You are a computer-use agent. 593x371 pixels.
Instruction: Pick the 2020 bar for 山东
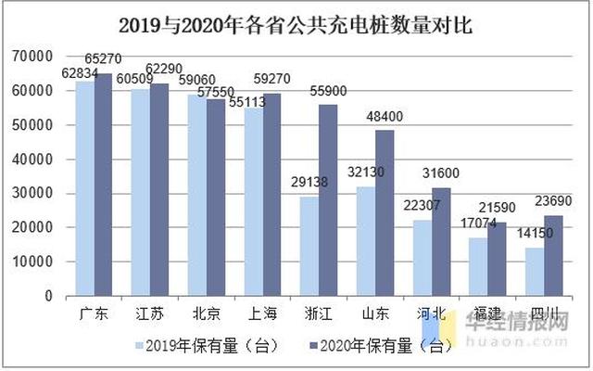click(x=385, y=212)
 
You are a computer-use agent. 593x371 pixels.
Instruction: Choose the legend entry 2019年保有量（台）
click(x=202, y=346)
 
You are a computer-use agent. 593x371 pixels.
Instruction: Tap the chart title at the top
click(x=296, y=25)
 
